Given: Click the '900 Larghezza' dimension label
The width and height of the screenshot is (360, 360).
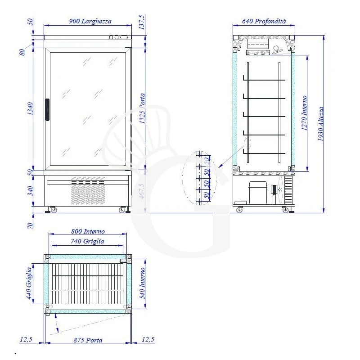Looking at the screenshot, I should click(90, 21).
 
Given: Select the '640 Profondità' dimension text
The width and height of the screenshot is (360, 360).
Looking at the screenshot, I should click(264, 21).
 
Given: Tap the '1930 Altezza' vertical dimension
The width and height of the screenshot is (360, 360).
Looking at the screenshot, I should click(320, 124).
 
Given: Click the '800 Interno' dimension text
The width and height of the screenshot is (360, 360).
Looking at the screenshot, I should click(88, 231).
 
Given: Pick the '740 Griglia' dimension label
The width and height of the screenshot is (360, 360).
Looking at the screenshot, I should click(88, 241).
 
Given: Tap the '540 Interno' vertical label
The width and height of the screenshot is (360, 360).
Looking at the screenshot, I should click(143, 283).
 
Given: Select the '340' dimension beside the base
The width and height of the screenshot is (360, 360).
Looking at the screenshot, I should click(29, 191).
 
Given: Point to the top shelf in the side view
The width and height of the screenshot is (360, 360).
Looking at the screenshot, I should click(264, 80).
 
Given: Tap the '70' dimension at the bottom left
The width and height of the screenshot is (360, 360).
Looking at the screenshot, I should click(29, 225).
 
